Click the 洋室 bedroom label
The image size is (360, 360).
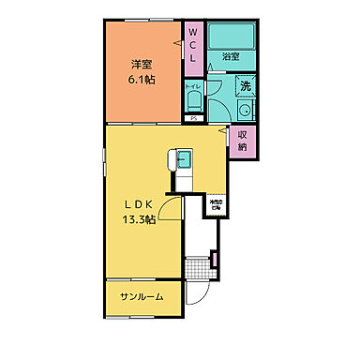(x=141, y=64)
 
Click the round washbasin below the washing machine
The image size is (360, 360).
(x=245, y=111)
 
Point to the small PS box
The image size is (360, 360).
(x=194, y=119)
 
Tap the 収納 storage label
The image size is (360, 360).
(x=243, y=141)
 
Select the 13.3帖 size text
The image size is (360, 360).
(x=139, y=221)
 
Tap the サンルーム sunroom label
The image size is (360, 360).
(x=141, y=296)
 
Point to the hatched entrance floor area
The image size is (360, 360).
(x=199, y=270)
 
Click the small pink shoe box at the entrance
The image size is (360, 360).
(x=215, y=260)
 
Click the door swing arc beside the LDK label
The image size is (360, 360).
(x=169, y=212)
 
